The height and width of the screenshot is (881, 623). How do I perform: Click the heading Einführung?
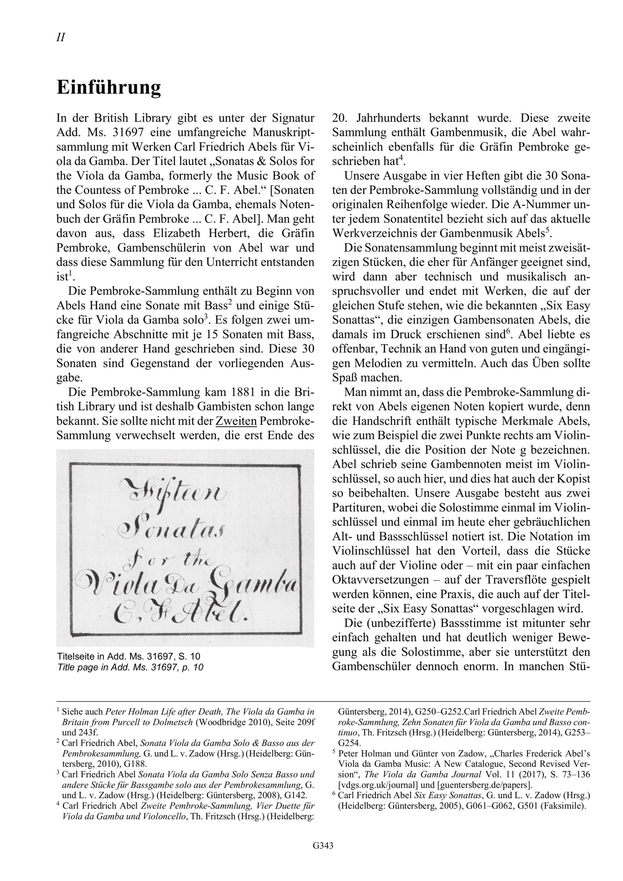pos(109,87)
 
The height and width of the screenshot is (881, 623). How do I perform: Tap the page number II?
pos(61,38)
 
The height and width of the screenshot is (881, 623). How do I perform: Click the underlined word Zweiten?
pos(236,421)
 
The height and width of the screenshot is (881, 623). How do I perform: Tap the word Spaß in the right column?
pos(344,378)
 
